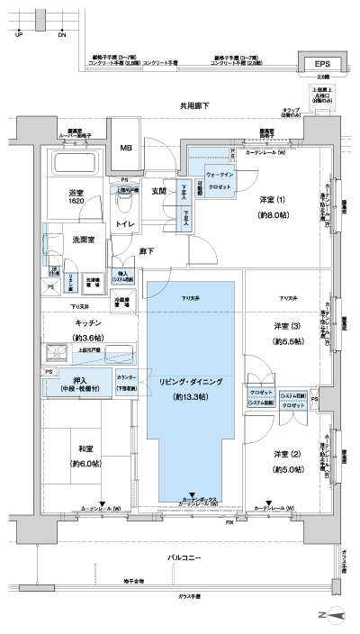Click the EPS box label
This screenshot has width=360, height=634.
(321, 64)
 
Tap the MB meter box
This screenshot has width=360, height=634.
(127, 149)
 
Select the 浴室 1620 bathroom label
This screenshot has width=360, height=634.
(75, 196)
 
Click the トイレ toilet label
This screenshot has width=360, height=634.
(126, 222)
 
